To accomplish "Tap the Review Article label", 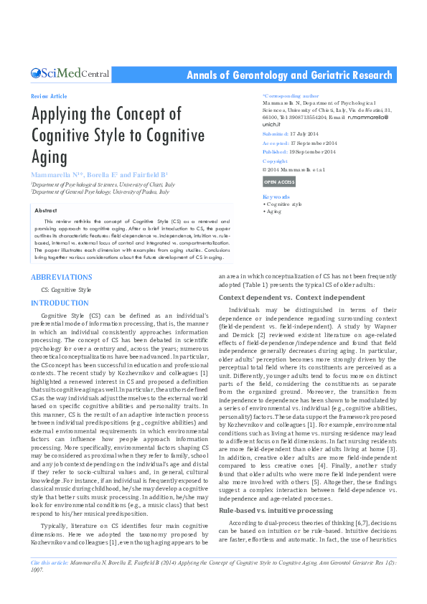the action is pyautogui.click(x=50, y=96).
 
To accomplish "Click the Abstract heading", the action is pyautogui.click(x=45, y=209).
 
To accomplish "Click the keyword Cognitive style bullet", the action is pyautogui.click(x=283, y=204).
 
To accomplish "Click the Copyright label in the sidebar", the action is pyautogui.click(x=276, y=161).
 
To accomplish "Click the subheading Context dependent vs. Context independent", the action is pyautogui.click(x=291, y=297).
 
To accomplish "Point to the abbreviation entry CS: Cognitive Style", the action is pyautogui.click(x=67, y=290).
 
